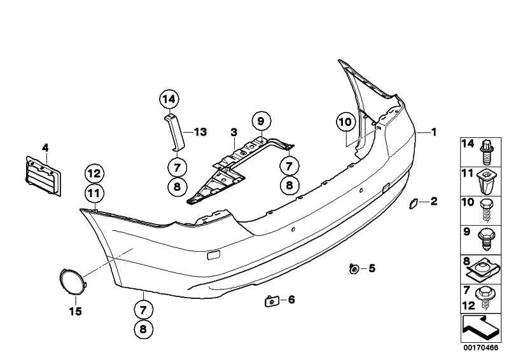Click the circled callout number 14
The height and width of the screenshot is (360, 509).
tap(169, 99)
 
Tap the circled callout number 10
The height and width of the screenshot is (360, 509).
tap(344, 121)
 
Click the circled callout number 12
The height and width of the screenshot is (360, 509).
tap(94, 172)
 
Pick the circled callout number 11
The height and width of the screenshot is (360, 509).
tap(94, 192)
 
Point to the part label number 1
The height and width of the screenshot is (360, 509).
tap(434, 132)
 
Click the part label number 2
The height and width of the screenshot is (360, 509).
tap(434, 202)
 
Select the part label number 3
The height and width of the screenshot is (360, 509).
tap(234, 132)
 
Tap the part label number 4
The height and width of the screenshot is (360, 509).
tap(45, 148)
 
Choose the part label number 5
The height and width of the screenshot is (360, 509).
tap(372, 268)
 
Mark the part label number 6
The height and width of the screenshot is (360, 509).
tap(291, 300)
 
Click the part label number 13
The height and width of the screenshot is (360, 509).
tap(200, 132)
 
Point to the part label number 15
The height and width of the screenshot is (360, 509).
tap(76, 312)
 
